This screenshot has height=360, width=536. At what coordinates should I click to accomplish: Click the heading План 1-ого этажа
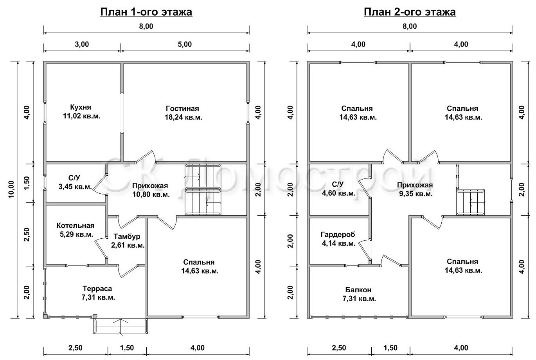click(x=146, y=12)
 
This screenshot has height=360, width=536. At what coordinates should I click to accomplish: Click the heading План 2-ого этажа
click(x=410, y=12)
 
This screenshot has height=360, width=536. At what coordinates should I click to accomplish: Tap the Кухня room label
click(x=81, y=107)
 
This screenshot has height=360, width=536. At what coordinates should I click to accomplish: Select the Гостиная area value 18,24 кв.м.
click(x=183, y=117)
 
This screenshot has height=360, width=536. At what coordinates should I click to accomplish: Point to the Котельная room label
click(x=76, y=225)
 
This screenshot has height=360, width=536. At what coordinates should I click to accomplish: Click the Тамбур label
click(x=127, y=237)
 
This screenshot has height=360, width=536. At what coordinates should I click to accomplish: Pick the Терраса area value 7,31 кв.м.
click(x=98, y=297)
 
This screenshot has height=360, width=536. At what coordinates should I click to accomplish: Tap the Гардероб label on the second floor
click(x=338, y=234)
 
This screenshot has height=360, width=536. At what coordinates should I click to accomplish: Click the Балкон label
click(x=358, y=290)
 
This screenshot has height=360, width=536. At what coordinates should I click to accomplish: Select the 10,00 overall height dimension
click(x=11, y=189)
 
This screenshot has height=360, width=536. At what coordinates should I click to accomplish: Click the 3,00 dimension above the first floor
click(x=82, y=44)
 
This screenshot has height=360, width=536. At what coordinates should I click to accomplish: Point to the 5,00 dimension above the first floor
click(x=185, y=44)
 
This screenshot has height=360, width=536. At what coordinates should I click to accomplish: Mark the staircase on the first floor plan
click(x=203, y=189)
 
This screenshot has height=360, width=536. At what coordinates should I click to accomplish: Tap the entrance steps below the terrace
click(x=121, y=326)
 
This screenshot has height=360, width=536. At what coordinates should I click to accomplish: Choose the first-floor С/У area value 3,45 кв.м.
click(x=75, y=187)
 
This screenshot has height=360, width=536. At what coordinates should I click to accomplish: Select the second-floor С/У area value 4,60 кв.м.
click(x=338, y=193)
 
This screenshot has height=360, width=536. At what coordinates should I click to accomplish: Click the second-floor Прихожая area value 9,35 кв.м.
click(x=415, y=194)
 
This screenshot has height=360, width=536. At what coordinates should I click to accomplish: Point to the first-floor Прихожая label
click(x=150, y=186)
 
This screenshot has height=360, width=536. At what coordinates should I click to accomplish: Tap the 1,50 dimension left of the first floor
click(x=27, y=183)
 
